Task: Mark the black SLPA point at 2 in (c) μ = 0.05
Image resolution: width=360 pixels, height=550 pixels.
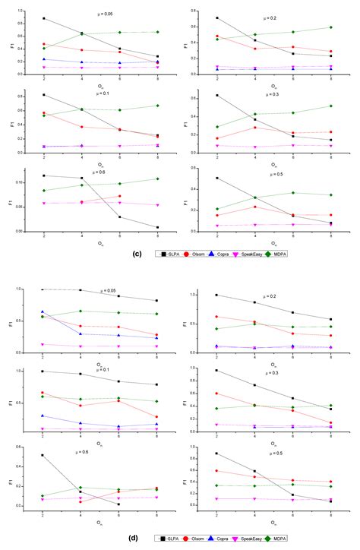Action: [43, 18]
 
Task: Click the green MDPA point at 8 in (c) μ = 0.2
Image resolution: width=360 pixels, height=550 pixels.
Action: [330, 27]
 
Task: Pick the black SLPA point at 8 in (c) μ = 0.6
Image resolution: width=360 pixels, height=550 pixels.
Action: [157, 227]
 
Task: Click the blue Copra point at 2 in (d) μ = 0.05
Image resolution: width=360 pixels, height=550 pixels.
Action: [43, 311]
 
